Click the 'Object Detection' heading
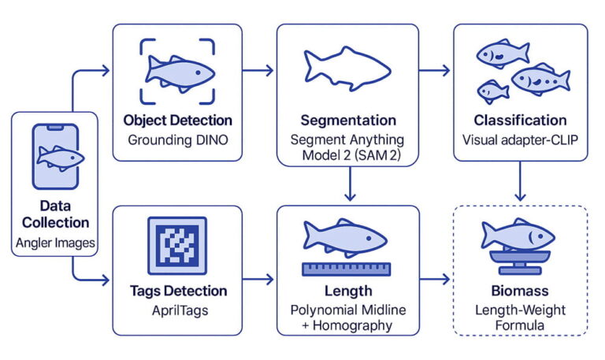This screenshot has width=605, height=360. pos(177,121)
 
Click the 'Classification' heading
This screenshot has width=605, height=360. pos(520,121)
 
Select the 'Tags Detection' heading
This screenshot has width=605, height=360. pos(177,291)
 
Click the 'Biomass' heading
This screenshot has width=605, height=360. pos(520,291)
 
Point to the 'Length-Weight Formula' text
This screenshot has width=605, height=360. pos(520,317)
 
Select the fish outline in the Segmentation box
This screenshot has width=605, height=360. pos(346,70)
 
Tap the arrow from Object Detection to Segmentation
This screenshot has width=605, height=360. pos(258,71)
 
